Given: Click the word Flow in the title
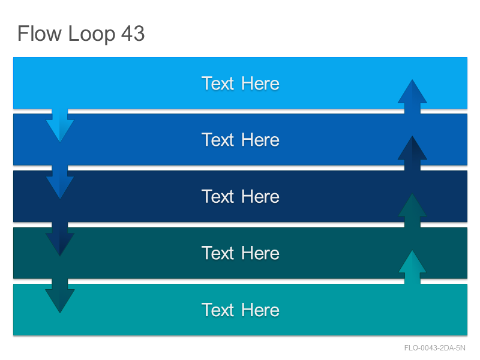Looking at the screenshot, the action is [x=40, y=33].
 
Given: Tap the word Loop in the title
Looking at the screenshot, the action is [x=92, y=34].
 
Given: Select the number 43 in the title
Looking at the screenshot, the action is [x=133, y=33].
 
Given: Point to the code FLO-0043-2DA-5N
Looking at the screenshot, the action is [x=434, y=348].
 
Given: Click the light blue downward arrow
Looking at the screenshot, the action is [x=60, y=125].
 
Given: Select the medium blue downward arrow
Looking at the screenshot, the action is [x=60, y=182].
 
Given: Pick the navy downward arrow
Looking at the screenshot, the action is [x=60, y=239].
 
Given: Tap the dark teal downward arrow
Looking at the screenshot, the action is [x=60, y=296].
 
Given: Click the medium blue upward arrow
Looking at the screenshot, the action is [x=412, y=97].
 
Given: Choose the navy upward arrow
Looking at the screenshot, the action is [x=412, y=153].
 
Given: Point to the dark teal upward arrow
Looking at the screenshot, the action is [x=412, y=211].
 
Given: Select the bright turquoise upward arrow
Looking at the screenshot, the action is [x=412, y=267].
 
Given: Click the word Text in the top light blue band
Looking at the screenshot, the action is [x=218, y=83].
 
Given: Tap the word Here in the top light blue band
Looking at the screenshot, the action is [x=260, y=83].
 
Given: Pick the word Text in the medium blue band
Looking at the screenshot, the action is [x=218, y=140].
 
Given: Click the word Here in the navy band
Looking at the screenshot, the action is [x=260, y=196].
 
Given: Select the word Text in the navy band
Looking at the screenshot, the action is [x=218, y=196].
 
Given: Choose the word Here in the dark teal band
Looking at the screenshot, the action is [x=260, y=253].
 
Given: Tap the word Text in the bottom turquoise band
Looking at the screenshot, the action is [x=218, y=310].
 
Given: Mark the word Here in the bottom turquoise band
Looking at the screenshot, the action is [x=260, y=310].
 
